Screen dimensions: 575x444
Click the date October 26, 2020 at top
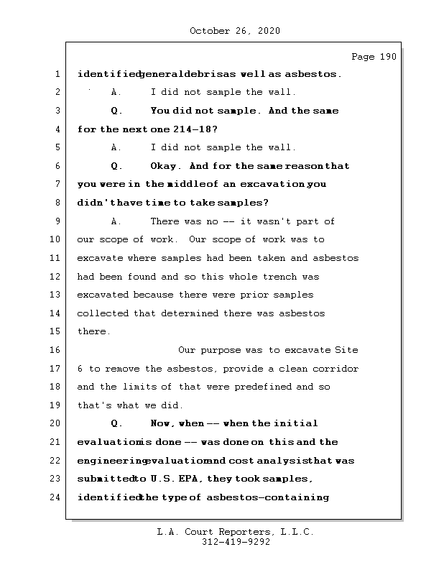(x=234, y=31)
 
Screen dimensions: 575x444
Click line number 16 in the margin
(x=57, y=350)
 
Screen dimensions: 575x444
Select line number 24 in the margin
(x=57, y=497)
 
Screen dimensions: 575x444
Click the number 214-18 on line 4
(x=193, y=129)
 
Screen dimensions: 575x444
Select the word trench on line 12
(x=277, y=277)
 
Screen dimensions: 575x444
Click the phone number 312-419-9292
(x=234, y=543)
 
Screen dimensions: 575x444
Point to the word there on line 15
(x=93, y=332)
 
